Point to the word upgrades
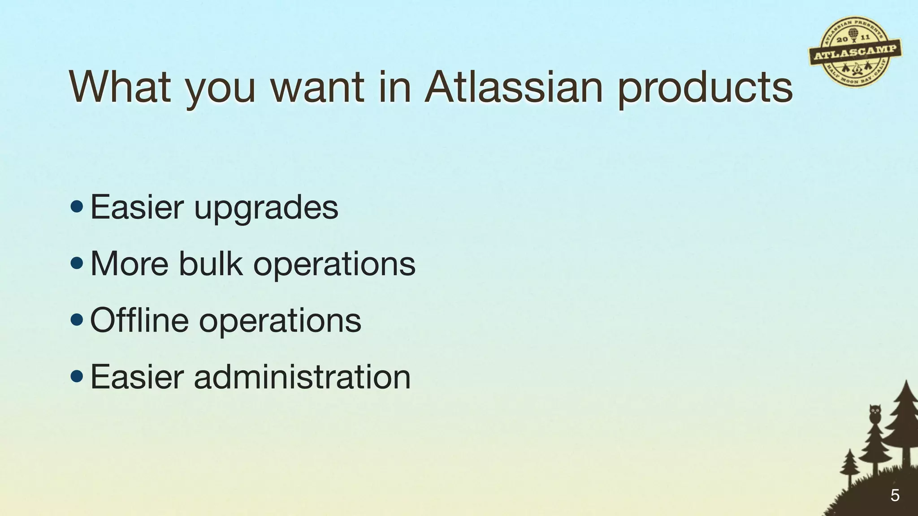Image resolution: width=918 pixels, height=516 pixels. pos(266,209)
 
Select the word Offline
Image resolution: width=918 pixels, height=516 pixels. pos(139,320)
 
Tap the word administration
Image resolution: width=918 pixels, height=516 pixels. pos(302,377)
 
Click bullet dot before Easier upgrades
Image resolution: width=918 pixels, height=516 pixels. pos(77,206)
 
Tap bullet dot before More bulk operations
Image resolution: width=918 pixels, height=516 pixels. pos(77,263)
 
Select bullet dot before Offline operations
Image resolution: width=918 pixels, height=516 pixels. pos(77,320)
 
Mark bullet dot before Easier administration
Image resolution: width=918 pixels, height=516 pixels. pos(77,376)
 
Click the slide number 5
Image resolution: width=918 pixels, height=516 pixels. pos(895,495)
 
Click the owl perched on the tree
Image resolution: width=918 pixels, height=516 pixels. pos(875,413)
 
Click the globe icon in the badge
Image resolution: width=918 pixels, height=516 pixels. pos(853,34)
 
